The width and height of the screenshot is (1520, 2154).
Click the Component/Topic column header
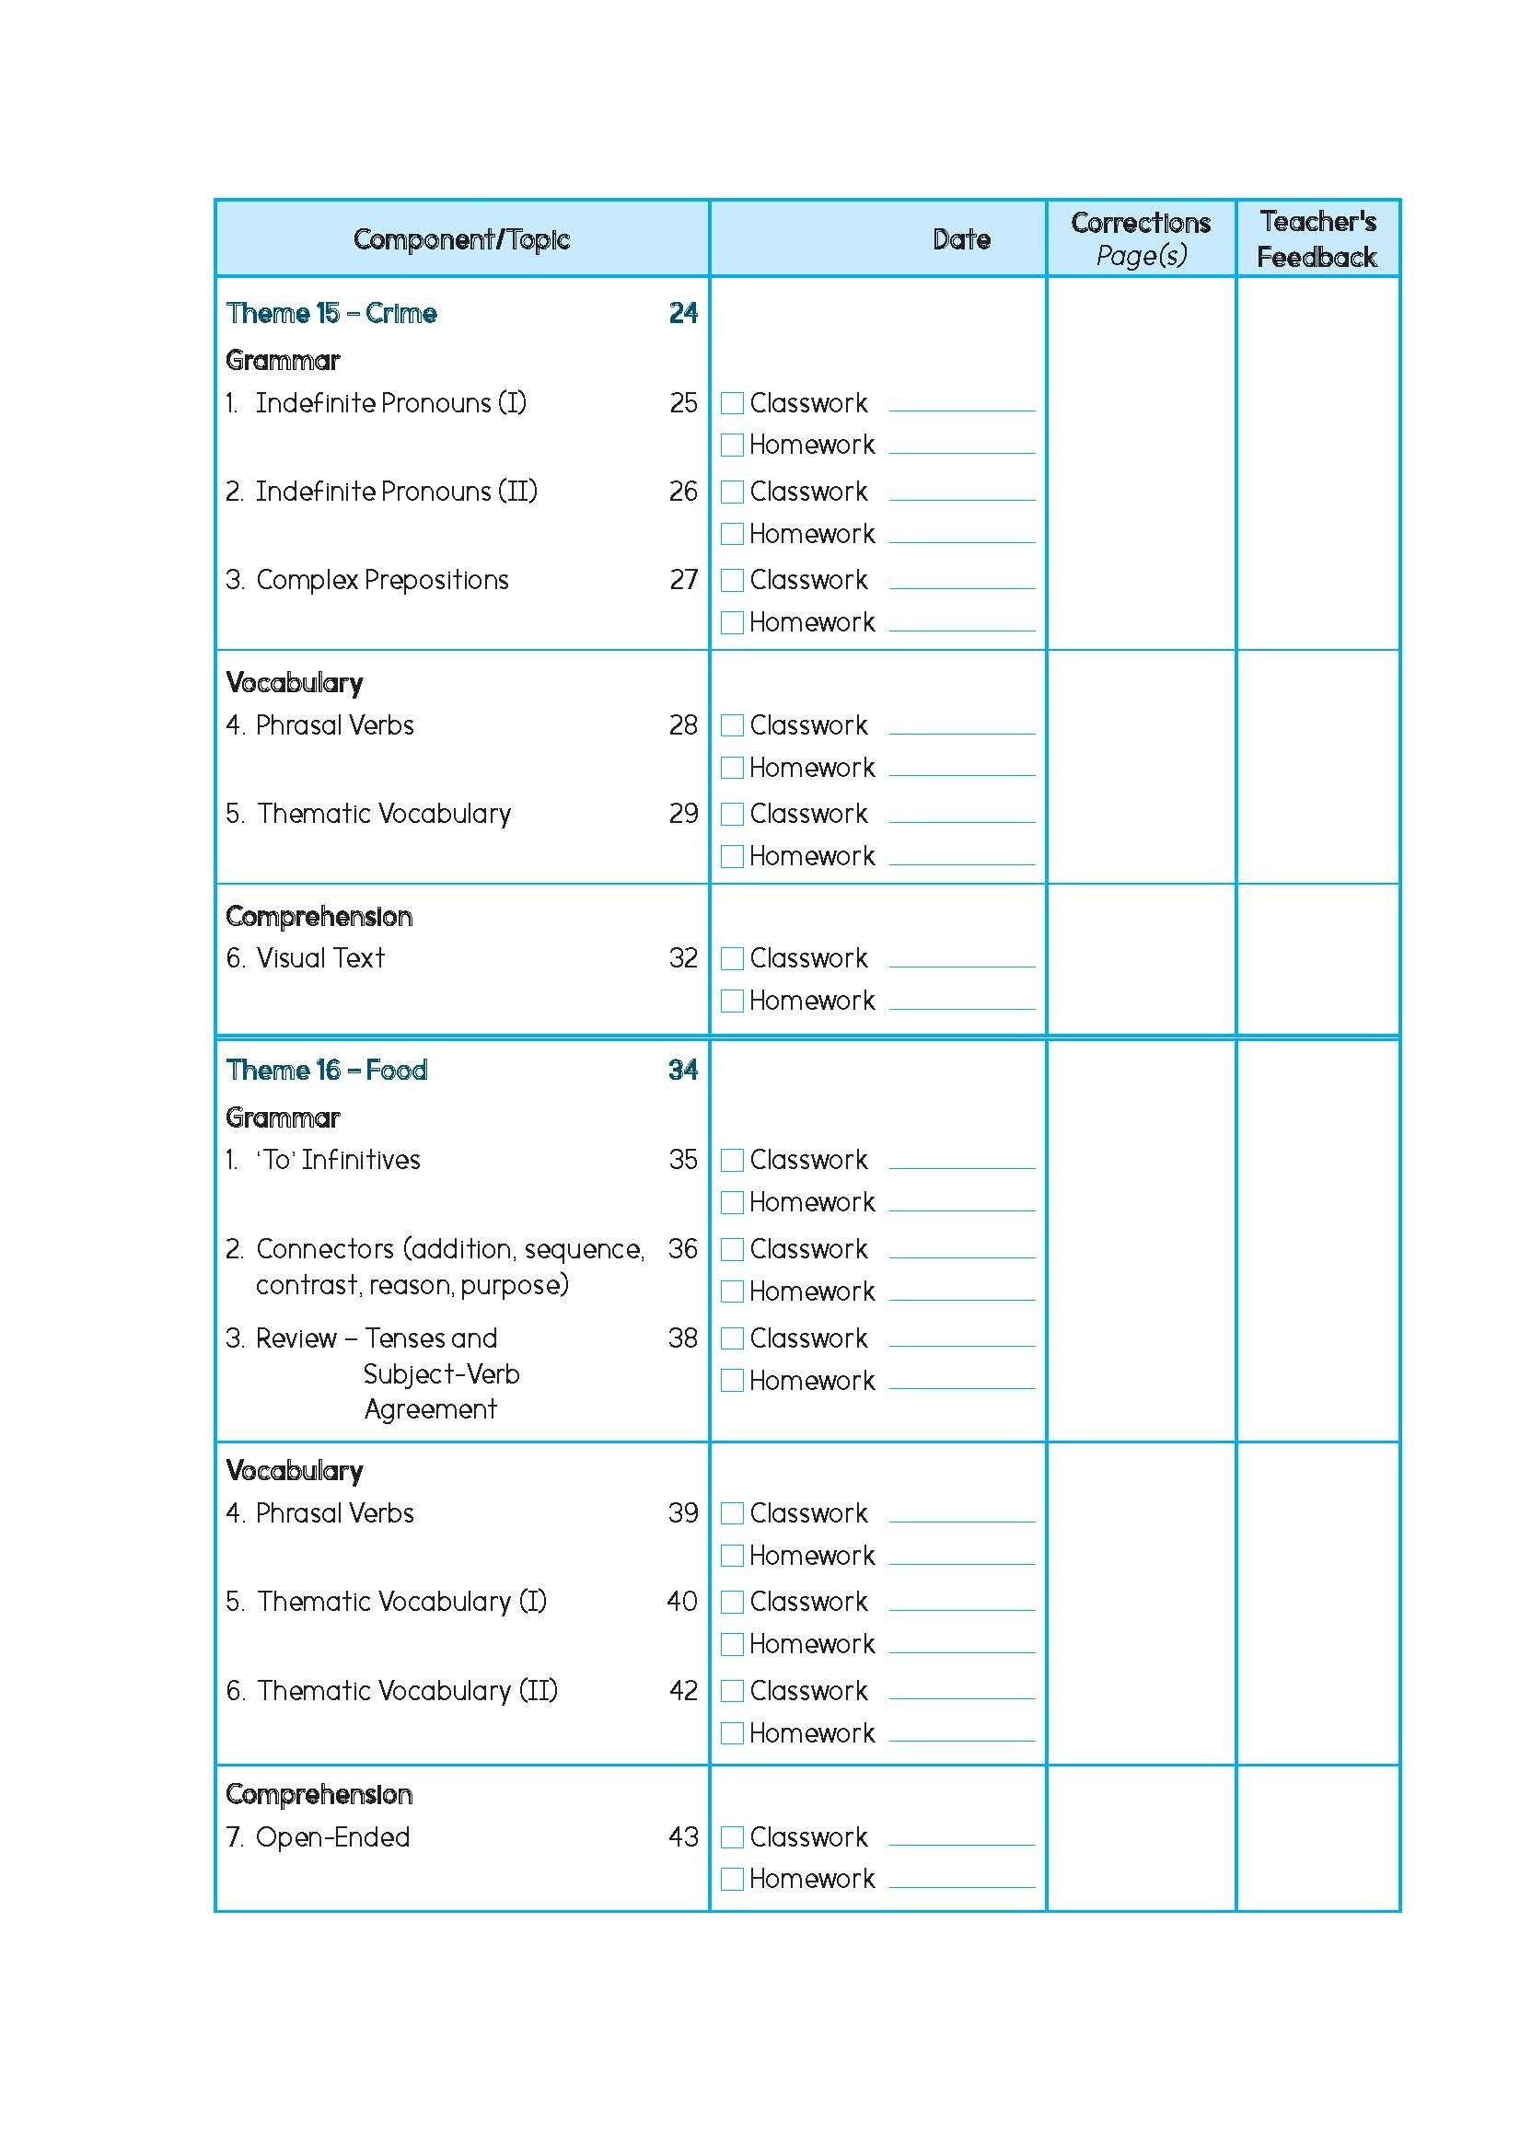(460, 239)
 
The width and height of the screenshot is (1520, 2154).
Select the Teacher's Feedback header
(1317, 239)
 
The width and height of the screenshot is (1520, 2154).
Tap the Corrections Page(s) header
(1140, 239)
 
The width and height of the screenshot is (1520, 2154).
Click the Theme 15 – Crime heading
(331, 313)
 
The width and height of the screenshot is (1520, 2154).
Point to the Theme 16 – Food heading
(327, 1071)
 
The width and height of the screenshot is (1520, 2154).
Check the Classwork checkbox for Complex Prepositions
(732, 581)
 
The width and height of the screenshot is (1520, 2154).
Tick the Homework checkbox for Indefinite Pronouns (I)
(732, 445)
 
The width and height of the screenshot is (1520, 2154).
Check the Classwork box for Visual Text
(732, 959)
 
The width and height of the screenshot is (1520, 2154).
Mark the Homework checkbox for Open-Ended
(732, 1879)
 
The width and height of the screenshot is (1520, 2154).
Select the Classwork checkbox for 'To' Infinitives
(732, 1161)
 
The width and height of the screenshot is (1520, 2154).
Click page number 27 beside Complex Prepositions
(683, 580)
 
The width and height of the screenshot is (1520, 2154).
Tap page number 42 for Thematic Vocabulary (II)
(683, 1691)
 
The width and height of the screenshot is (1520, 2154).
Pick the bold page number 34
(683, 1071)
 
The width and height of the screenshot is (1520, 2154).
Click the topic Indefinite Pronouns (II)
(396, 492)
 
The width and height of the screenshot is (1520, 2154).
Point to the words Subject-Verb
(441, 1374)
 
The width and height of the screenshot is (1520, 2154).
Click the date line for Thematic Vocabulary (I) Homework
(962, 1654)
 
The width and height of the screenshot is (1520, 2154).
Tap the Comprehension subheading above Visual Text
(319, 917)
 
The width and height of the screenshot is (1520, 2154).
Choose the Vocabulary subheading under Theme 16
(295, 1471)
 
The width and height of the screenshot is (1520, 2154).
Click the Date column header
(961, 239)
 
